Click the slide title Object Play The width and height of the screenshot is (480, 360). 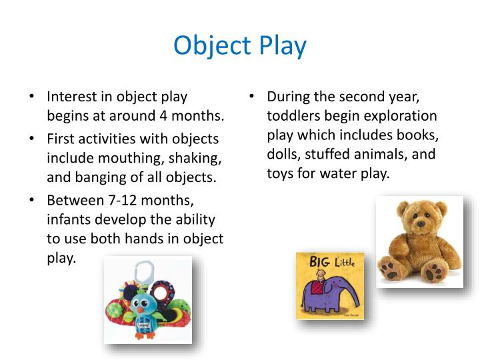[240, 45]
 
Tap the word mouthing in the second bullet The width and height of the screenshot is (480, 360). [145, 159]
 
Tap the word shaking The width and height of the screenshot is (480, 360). [199, 159]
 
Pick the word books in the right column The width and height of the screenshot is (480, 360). [418, 135]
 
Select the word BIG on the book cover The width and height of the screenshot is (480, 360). [319, 261]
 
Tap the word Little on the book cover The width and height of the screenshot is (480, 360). [346, 261]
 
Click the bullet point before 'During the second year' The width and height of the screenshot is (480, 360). [252, 97]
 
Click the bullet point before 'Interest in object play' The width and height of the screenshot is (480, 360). [32, 97]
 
